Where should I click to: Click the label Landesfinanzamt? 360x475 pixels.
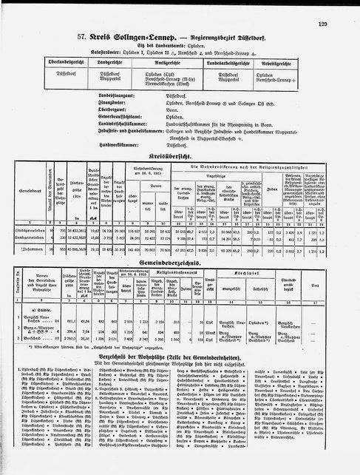point(129,92)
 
